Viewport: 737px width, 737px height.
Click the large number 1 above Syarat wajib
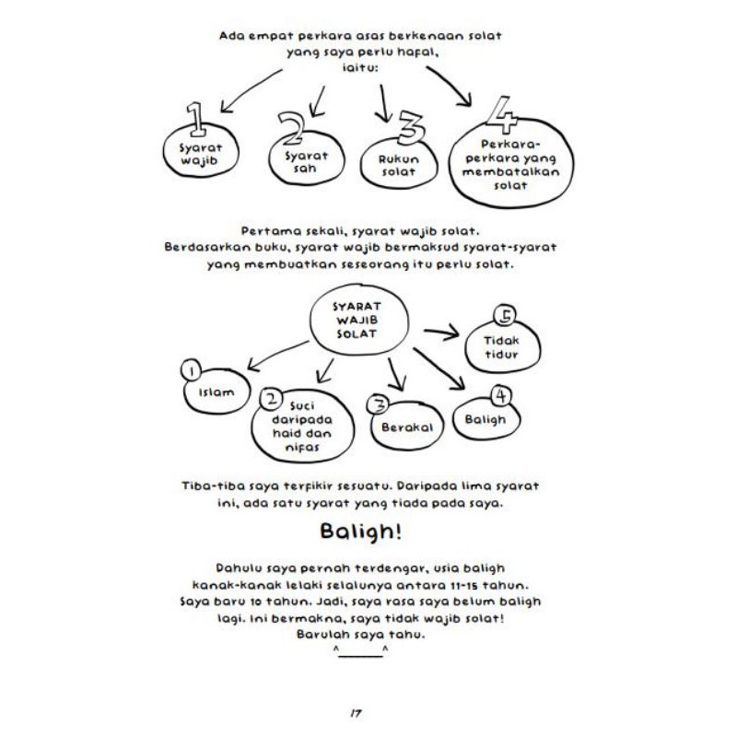tap(195, 118)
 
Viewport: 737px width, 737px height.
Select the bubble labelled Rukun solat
tap(398, 164)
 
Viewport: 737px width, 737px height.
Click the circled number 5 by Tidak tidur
tap(504, 316)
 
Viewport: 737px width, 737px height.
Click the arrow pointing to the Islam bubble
tap(259, 355)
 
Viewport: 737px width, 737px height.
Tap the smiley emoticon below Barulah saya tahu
tap(361, 652)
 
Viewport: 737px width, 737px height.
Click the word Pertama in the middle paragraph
tap(267, 230)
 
